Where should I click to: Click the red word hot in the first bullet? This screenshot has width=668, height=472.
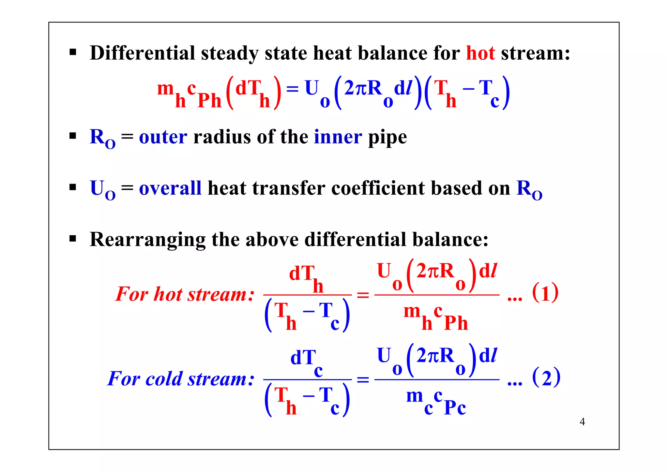tap(480, 53)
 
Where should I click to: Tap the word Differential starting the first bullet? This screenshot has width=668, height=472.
tap(142, 53)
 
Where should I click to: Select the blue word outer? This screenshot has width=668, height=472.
tap(163, 137)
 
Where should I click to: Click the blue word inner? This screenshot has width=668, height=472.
tap(338, 137)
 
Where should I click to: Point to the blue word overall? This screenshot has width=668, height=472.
tap(170, 188)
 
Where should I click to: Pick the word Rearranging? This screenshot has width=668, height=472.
tap(147, 240)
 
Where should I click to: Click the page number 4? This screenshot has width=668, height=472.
tap(582, 422)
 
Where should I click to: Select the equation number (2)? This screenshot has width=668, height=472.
tap(546, 377)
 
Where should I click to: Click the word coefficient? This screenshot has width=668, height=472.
tap(378, 188)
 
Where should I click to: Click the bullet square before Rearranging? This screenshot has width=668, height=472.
tap(73, 239)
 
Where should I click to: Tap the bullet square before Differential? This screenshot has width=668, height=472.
tap(73, 52)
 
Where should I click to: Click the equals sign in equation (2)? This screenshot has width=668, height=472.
tap(363, 380)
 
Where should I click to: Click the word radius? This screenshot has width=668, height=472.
tap(222, 137)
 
